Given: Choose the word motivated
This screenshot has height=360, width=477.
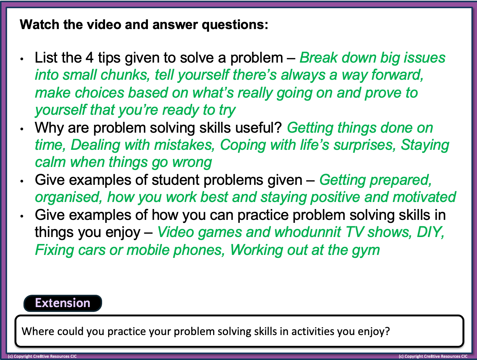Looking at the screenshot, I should (x=424, y=197).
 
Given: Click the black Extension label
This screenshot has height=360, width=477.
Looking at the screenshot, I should (x=63, y=303).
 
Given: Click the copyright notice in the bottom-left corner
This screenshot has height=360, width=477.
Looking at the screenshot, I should (x=42, y=357).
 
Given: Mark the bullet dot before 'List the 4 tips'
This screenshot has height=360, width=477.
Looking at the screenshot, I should (x=22, y=59).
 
